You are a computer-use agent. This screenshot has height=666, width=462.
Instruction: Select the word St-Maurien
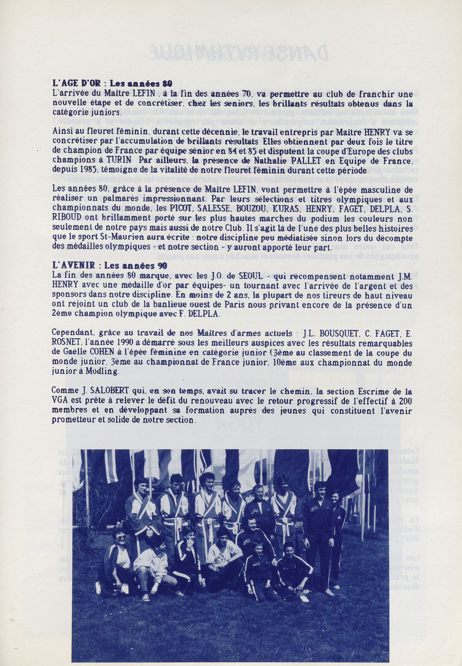tap(146, 237)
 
